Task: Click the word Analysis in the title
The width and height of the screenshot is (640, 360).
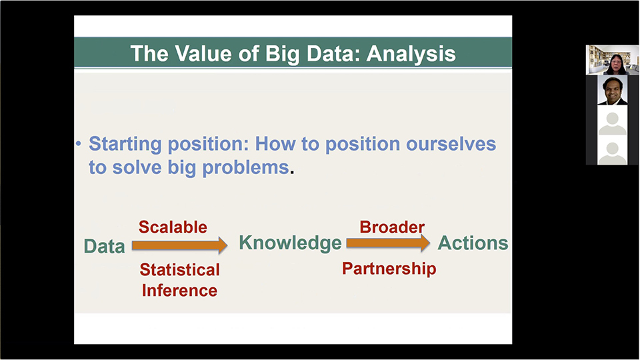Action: coord(411,54)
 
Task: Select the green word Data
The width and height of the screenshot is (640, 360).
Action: coord(104,246)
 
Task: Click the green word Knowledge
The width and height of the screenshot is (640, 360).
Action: coord(290,243)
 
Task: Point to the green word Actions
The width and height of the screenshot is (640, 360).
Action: coord(473,243)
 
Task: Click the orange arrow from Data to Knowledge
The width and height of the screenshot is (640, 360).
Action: coord(179,245)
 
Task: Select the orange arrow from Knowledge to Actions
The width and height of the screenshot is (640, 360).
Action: coord(388,243)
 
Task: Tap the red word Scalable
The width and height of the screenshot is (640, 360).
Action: coord(173,227)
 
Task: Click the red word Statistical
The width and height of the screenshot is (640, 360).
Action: coord(179,270)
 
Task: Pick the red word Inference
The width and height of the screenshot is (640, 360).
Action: coord(179,291)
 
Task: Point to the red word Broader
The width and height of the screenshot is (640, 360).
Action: coord(392,227)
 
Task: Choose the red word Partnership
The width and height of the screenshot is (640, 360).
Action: coord(389,269)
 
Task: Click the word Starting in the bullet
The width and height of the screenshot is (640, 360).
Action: coord(125,145)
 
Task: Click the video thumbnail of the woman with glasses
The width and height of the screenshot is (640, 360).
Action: coord(612,60)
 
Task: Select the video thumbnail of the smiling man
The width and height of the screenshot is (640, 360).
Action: coord(612,90)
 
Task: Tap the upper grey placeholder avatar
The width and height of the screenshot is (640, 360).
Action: coord(612,120)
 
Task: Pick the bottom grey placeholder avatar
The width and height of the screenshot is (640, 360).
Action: coord(612,150)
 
